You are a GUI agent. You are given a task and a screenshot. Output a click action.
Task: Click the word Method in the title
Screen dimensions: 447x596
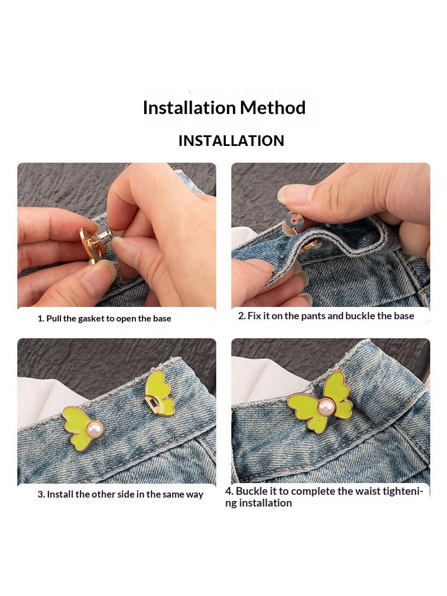pos(273,107)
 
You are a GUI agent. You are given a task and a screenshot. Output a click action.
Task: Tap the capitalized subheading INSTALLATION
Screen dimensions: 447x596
pos(231,141)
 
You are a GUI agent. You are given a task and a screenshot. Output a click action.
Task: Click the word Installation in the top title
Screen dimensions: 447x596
pos(189,107)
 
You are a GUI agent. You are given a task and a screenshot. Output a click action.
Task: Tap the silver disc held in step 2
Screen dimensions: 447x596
pos(293,220)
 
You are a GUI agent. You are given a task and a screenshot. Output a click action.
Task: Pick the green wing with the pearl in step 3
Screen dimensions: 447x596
pos(81,428)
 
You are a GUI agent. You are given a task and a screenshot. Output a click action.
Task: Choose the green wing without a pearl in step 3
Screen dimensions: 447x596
pos(159,394)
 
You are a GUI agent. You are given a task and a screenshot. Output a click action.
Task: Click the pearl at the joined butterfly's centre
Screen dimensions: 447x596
pos(326,408)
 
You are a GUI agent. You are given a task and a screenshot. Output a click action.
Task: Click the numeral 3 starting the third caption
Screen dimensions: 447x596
pos(40,494)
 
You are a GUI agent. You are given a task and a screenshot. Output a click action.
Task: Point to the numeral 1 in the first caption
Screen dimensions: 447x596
pos(40,319)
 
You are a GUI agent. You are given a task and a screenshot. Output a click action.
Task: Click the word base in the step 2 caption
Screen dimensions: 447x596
pos(404,316)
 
